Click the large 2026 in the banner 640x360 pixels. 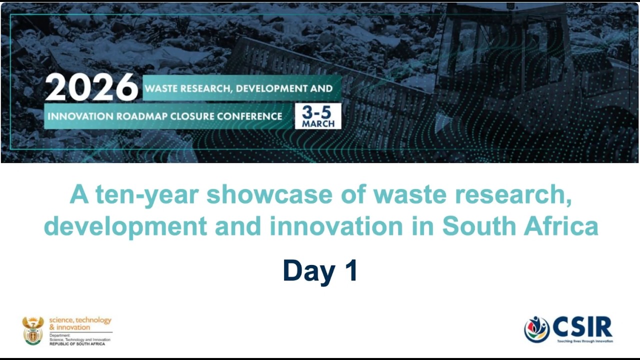(91, 88)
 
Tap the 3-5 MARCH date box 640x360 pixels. (318, 116)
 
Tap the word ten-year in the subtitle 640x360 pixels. (148, 194)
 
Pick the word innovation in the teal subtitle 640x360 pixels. (336, 226)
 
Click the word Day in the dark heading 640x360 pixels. (309, 270)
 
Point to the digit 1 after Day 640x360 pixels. (350, 270)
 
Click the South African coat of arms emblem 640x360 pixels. (33, 330)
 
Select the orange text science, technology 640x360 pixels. (80, 320)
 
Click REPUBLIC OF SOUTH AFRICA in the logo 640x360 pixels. (77, 344)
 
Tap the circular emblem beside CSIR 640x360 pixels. (536, 329)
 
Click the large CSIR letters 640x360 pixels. (582, 327)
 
